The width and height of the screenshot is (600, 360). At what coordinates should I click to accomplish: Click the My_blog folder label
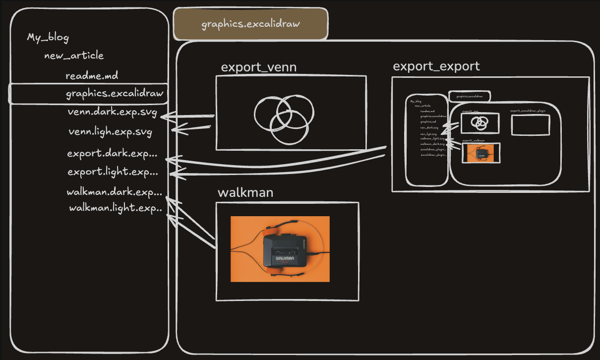point(48,38)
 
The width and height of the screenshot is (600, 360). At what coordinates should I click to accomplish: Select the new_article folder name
point(74,56)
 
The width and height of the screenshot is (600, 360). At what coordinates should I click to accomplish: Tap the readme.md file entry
point(92,76)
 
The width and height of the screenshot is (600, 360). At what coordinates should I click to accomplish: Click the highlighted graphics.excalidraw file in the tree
point(115,94)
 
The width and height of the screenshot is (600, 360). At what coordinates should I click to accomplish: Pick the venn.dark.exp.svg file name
point(112,113)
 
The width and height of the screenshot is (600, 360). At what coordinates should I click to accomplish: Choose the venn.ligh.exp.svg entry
point(110,132)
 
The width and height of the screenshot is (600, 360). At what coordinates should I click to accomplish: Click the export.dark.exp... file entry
point(112,153)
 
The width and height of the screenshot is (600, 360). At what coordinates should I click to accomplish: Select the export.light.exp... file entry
point(113,172)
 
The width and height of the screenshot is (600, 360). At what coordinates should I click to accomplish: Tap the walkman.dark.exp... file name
point(114,192)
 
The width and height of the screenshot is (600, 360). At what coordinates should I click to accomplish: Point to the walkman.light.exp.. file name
point(116,208)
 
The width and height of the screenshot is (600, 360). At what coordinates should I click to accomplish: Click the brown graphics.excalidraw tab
point(250,24)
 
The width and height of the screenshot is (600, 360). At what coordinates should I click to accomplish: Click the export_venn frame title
point(258,67)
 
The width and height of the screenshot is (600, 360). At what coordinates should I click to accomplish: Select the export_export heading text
point(436,66)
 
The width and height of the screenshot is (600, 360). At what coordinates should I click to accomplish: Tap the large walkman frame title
point(245,192)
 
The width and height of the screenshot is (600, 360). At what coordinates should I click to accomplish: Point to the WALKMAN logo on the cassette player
point(285,258)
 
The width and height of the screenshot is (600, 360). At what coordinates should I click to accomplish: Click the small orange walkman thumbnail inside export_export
point(480,153)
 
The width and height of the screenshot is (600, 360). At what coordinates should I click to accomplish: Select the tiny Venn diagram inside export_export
point(480,122)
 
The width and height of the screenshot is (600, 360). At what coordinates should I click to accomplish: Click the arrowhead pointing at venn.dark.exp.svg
point(165,118)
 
